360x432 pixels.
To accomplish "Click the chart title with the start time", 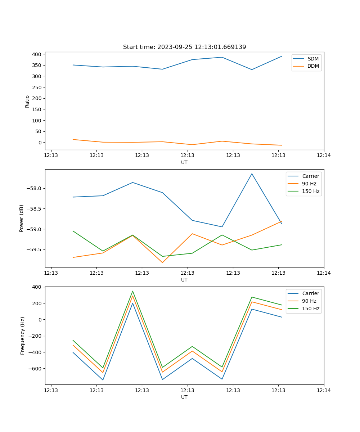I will coord(184,47).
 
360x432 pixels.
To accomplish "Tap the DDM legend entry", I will coord(313,66).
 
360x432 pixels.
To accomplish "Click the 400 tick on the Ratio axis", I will coord(37,54).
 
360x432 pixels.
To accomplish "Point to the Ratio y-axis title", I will coord(27,101).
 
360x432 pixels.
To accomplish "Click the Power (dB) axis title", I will coord(22,218).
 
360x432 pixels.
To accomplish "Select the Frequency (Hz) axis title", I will coord(23,336).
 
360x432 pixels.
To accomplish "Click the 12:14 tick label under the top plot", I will coord(324,156).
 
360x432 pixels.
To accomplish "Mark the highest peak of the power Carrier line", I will coord(252,174).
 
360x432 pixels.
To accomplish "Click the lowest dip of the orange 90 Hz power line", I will coord(162,262).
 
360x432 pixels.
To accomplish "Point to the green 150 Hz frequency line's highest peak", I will coord(132,291).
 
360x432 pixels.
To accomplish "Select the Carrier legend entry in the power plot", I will coord(310,176).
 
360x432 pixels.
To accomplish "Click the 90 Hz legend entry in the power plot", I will coord(309,184).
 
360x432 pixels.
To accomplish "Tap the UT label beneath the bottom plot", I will coord(184,397).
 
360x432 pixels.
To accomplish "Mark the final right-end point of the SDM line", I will coord(282,56).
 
